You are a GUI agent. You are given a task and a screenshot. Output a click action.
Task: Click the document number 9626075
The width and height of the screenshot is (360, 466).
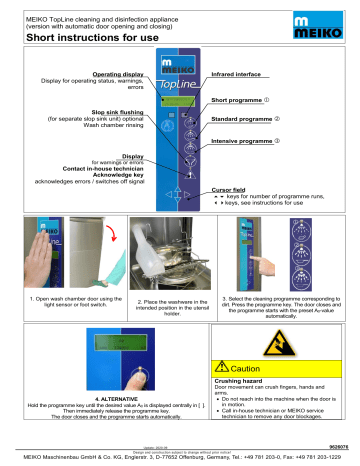(x=340, y=447)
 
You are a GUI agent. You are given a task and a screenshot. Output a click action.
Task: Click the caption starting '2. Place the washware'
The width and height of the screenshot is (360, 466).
(x=159, y=303)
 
